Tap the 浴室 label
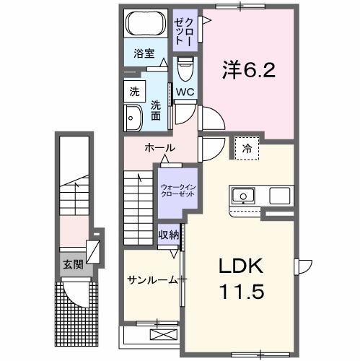144,53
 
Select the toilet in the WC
185,69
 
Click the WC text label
185,92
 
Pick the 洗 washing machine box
135,92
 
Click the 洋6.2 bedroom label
247,71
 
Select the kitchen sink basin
242,195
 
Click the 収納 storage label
169,235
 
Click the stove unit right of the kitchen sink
279,195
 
